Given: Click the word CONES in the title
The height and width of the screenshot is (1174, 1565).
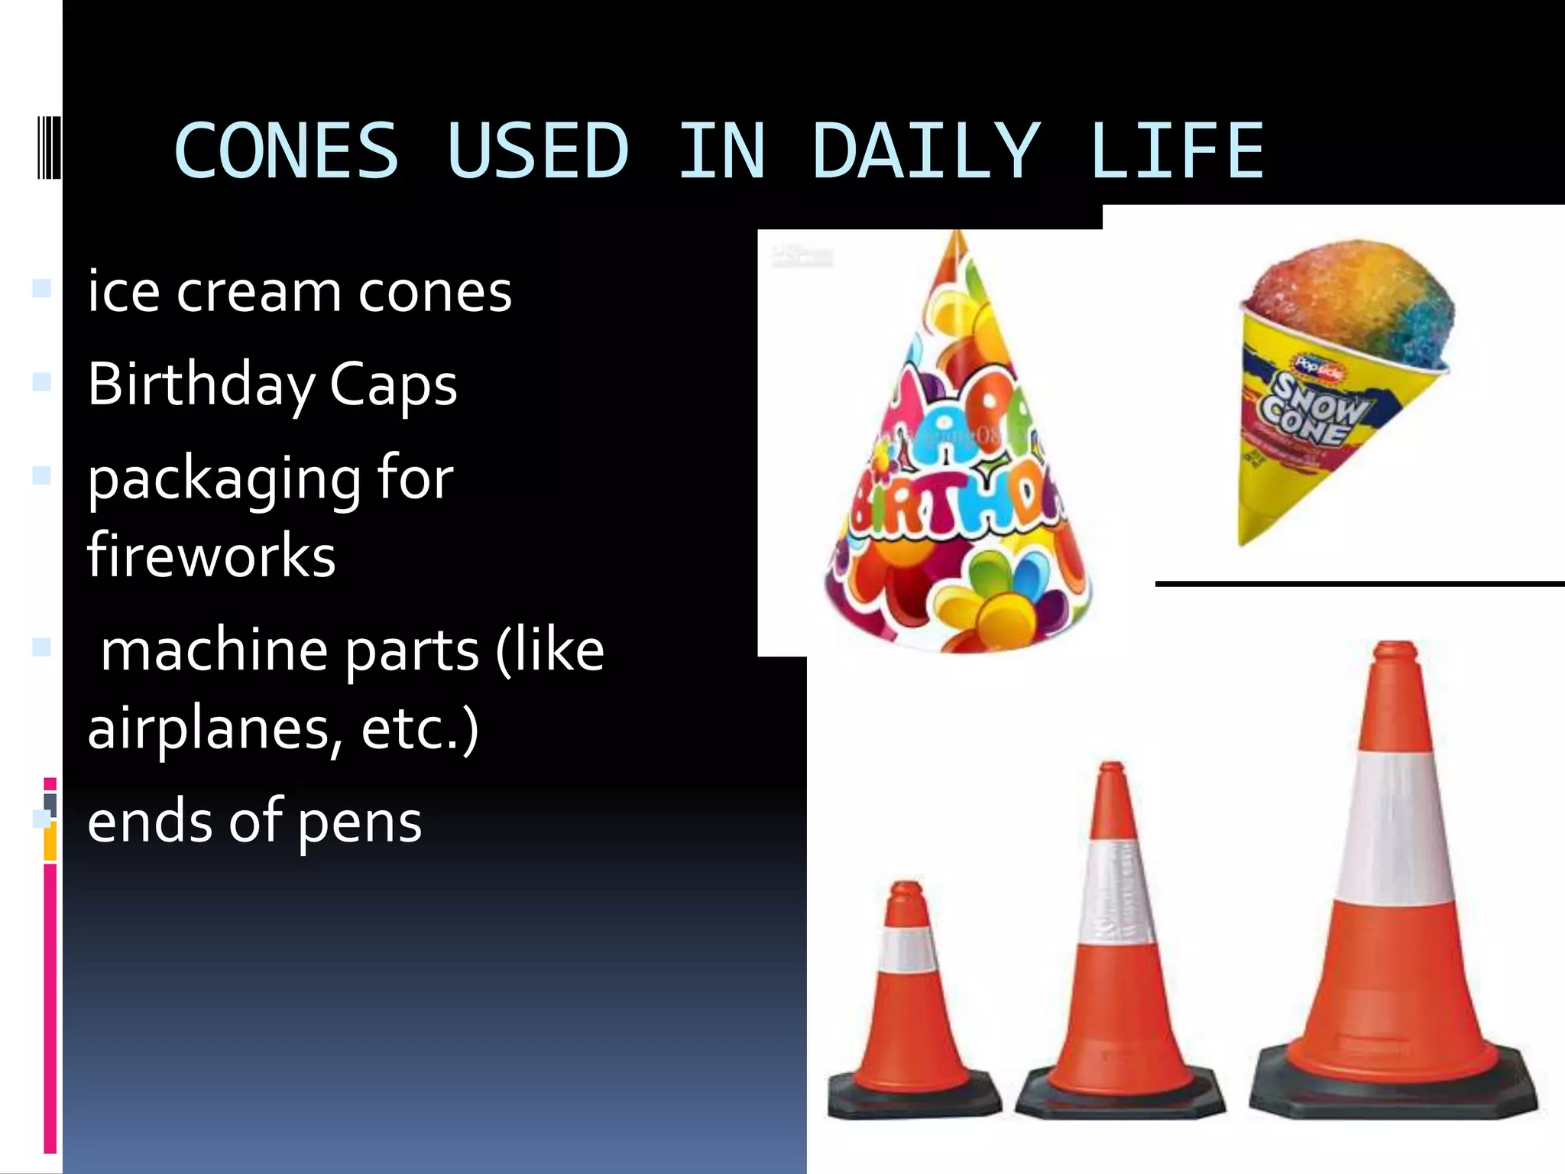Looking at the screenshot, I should (x=287, y=151).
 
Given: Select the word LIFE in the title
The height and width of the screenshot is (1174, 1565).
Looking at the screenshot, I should (x=1177, y=151).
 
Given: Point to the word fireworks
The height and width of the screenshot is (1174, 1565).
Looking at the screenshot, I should (x=212, y=556).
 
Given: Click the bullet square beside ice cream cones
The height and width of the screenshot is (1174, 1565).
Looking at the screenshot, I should (x=42, y=288).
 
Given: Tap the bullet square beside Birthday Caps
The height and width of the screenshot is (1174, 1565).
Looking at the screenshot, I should (x=42, y=381).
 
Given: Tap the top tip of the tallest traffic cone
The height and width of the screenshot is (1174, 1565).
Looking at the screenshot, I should (x=1395, y=650).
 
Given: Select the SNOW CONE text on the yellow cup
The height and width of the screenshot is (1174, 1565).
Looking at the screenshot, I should (x=1314, y=409).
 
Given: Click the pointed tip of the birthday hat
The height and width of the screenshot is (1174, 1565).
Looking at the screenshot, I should (x=955, y=237).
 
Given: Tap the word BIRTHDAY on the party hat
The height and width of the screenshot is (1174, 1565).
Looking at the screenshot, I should (x=955, y=508).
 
